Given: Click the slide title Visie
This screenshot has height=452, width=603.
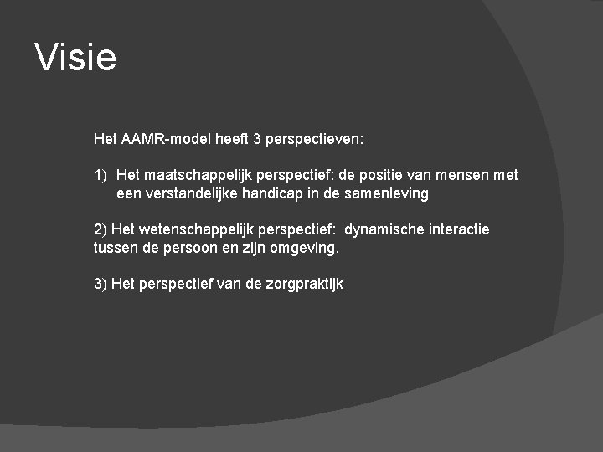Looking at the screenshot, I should (x=75, y=57).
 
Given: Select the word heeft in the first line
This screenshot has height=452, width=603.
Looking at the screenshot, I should (x=231, y=138).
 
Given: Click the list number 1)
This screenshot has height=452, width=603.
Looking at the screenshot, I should (x=100, y=175).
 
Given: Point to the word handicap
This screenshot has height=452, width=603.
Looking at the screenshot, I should (x=271, y=193).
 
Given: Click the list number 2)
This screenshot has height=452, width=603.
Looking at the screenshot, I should (x=100, y=229).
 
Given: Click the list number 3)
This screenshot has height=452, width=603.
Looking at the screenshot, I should (x=100, y=284).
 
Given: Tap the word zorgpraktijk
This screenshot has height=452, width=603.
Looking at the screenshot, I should (x=305, y=285).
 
